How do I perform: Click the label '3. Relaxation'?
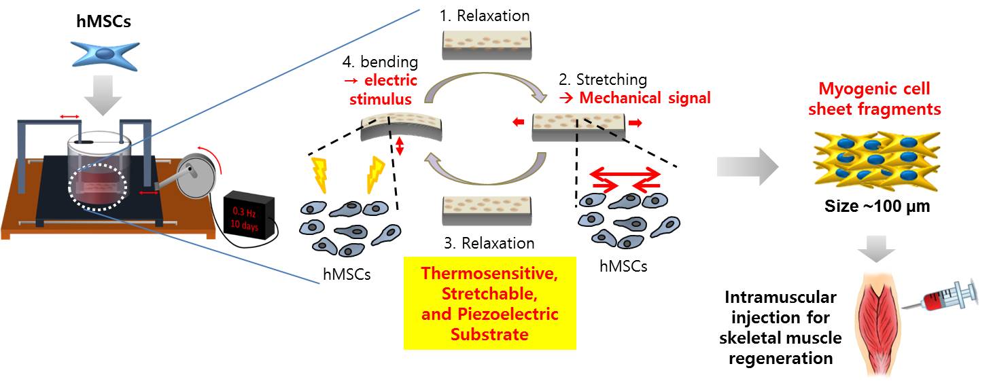click(x=487, y=242)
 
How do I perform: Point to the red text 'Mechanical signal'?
click(x=644, y=98)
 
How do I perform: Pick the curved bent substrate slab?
click(x=402, y=126)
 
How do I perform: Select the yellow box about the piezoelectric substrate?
click(x=489, y=303)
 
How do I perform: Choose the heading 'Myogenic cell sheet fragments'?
click(x=874, y=98)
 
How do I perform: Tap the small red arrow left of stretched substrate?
click(x=519, y=123)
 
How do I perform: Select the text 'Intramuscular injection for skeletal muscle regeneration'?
click(x=780, y=327)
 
